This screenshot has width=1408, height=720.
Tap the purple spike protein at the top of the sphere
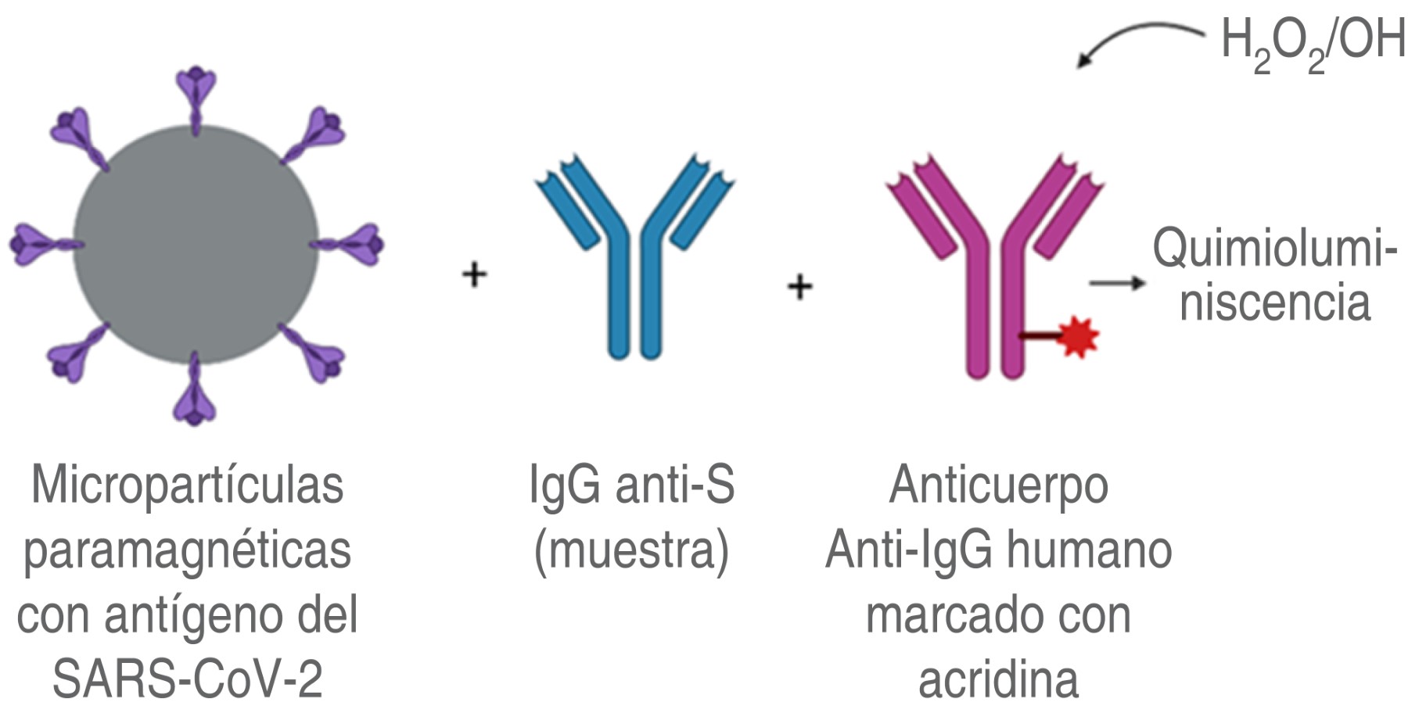195,94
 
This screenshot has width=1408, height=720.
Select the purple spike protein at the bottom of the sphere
195,395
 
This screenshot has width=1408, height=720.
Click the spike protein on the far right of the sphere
352,244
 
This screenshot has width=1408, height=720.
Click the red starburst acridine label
1079,338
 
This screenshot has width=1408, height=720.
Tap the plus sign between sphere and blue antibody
474,274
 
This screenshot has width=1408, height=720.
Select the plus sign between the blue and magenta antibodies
799,286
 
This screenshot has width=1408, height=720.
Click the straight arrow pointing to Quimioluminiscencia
1117,282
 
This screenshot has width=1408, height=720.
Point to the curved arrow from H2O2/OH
1134,39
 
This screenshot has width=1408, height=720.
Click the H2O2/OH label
1313,43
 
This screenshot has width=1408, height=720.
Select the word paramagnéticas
188,551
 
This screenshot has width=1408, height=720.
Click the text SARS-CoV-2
188,679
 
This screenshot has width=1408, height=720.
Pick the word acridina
998,679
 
